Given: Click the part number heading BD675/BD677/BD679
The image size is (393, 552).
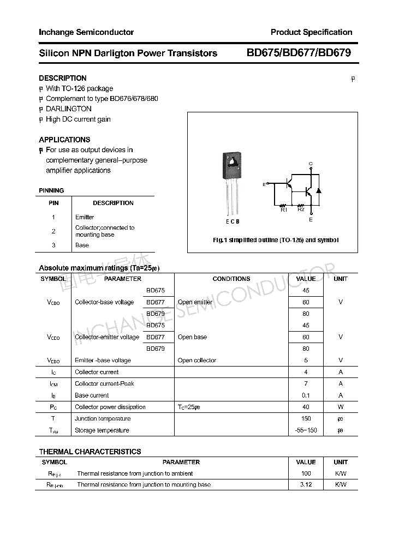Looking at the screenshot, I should tap(299, 53).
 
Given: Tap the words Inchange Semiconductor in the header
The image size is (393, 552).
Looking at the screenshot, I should tap(86, 32).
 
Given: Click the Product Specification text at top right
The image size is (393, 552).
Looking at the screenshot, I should tap(311, 32).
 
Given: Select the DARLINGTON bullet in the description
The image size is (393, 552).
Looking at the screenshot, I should tap(68, 109).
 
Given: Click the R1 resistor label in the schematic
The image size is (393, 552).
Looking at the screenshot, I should tap(284, 209).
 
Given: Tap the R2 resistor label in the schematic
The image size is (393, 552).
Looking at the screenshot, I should tap(301, 209).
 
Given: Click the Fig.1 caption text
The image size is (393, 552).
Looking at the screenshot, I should tap(275, 240).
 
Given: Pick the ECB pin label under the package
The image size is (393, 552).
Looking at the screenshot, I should tap(233, 221).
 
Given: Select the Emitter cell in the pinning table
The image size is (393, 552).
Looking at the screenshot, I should tap(85, 217).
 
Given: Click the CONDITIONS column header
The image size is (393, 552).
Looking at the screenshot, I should tap(231, 279).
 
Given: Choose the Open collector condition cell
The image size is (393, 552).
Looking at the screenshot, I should tap(196, 361).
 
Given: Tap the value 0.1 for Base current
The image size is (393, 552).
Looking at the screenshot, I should tap(306, 395).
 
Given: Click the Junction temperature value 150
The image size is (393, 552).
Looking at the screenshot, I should tap(306, 419).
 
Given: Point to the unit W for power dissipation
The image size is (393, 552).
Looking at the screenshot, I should tap(341, 407).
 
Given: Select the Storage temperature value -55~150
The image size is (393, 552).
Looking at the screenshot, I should tap(306, 430).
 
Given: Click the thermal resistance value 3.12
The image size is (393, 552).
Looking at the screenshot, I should tap(306, 485).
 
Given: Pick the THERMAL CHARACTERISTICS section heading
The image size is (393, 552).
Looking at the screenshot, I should tap(90, 452).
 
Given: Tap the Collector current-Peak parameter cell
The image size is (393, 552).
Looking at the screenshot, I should tap(104, 384).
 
